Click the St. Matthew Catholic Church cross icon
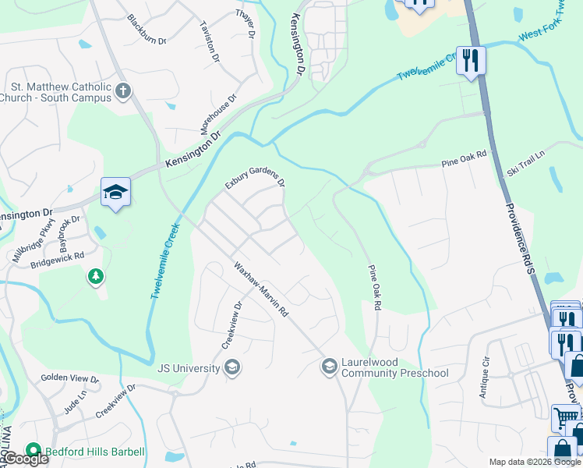[x=122, y=92]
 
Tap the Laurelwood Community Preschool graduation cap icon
[x=329, y=366]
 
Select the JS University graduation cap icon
[x=231, y=367]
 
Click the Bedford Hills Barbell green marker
[x=33, y=451]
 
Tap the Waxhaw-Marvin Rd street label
[x=261, y=288]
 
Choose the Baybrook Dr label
[x=70, y=231]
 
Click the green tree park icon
[x=95, y=276]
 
